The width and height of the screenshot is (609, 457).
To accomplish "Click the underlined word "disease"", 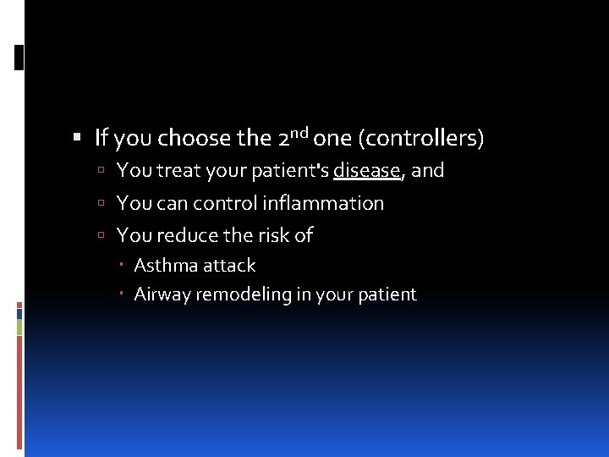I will (367, 170).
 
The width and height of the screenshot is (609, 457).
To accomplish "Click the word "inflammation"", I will (323, 203).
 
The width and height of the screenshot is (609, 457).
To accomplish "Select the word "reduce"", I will (186, 235).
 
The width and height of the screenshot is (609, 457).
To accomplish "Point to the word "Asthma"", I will (164, 266).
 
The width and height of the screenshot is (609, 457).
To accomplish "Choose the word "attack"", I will (228, 266).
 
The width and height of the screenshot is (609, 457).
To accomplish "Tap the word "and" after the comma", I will (428, 170).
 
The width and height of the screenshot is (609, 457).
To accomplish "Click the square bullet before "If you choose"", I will (78, 138).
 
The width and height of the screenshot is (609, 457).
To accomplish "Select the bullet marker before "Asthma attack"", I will (123, 266).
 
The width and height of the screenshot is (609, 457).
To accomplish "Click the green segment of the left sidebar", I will (19, 327).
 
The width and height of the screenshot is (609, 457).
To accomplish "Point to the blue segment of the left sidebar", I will (19, 313).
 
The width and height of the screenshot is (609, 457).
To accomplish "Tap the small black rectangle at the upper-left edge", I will (19, 57).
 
